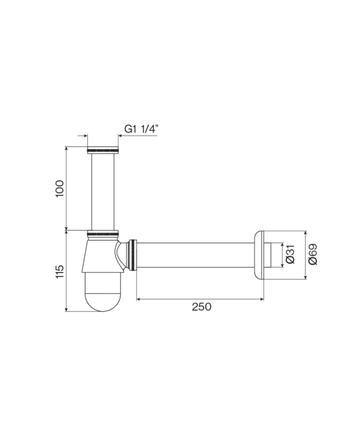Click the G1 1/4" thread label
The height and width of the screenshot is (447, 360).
point(140,130)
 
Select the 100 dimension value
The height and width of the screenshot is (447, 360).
point(60,188)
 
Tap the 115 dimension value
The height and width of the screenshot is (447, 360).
point(60,271)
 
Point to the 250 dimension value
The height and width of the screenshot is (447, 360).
point(201,307)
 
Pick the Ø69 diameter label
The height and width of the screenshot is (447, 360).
point(312,254)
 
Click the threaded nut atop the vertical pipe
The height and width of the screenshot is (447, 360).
point(103,150)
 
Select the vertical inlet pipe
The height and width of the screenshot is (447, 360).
point(103,190)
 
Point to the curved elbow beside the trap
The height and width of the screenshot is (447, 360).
point(122,255)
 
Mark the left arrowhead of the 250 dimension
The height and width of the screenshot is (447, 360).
point(138,298)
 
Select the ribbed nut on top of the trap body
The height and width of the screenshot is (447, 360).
point(103,235)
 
